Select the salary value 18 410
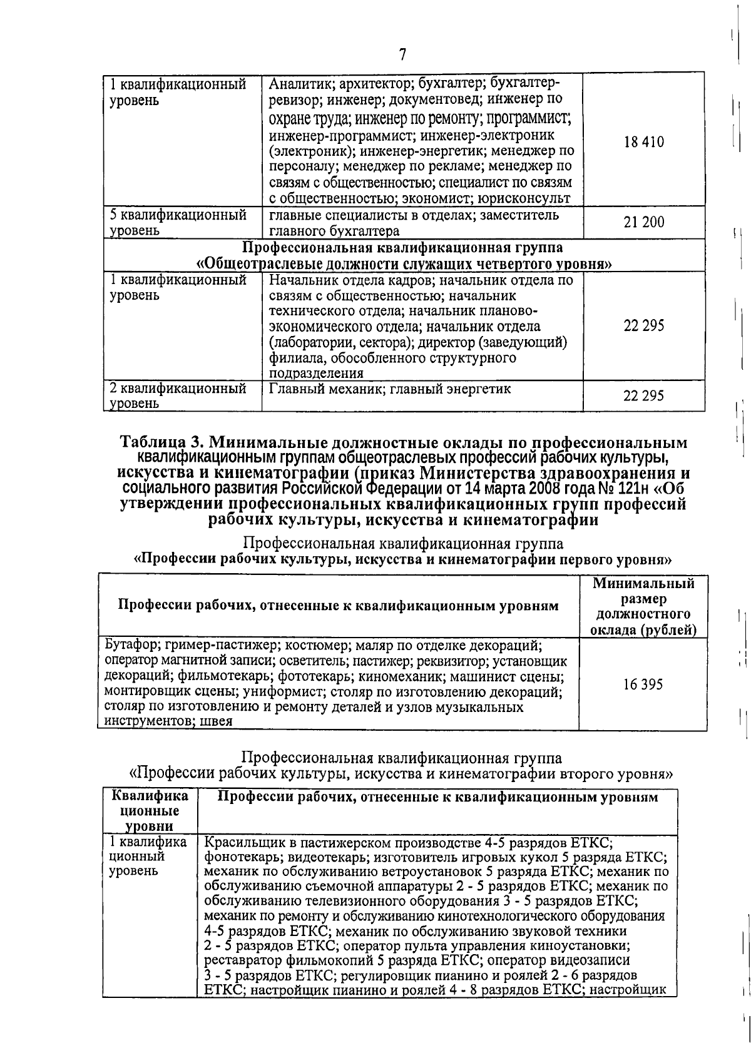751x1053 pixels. click(644, 142)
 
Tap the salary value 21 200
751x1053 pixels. click(644, 222)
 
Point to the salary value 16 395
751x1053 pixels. click(643, 684)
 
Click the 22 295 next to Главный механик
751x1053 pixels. click(644, 395)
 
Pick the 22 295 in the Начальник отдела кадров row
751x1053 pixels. click(644, 325)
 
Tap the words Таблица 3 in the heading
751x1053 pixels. click(159, 442)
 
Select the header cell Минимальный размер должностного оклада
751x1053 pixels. click(643, 606)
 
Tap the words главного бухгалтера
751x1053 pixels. click(334, 231)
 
